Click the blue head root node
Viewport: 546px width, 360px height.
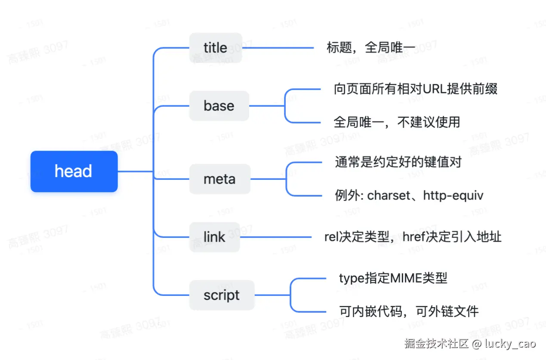point(74,171)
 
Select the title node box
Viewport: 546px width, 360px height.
point(215,48)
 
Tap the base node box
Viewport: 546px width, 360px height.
point(219,106)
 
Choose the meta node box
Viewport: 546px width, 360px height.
point(219,179)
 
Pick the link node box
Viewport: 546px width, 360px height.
point(214,237)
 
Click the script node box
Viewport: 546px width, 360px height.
point(222,295)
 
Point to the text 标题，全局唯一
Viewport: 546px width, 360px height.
point(365,48)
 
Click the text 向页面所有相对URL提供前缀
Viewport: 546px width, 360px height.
point(416,89)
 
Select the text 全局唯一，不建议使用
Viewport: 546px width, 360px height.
point(397,122)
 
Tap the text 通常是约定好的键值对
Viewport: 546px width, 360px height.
point(398,162)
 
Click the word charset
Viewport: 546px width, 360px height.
point(389,196)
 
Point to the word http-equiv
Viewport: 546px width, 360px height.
point(453,196)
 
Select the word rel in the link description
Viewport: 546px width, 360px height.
point(331,237)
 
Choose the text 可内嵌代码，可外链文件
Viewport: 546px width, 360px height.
point(409,311)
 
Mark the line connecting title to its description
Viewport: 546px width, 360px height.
point(278,48)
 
